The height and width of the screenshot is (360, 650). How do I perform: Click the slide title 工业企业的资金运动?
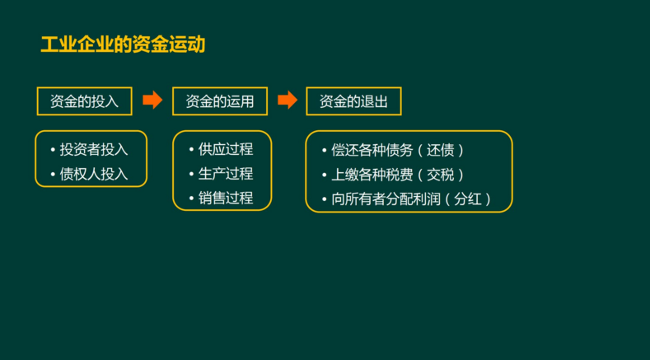tap(123, 44)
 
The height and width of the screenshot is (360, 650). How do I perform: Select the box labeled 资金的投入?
tap(84, 101)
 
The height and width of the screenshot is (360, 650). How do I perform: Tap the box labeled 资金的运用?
tap(220, 101)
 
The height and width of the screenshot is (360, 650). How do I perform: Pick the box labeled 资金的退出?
tap(353, 101)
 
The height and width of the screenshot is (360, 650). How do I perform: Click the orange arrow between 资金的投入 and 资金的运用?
tap(152, 101)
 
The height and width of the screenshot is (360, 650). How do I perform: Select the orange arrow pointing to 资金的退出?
tap(288, 101)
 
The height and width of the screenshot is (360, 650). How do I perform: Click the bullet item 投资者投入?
tap(94, 150)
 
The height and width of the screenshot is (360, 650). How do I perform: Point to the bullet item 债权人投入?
tap(94, 174)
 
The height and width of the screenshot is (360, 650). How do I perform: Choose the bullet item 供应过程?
tap(226, 149)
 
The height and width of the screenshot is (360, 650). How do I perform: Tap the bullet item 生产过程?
tap(226, 174)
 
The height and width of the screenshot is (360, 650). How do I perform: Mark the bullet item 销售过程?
tap(226, 198)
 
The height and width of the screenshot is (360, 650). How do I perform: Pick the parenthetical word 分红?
tap(476, 199)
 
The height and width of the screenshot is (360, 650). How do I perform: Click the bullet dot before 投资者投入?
tap(52, 150)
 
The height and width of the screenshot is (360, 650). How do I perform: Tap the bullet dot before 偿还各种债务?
tap(324, 151)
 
